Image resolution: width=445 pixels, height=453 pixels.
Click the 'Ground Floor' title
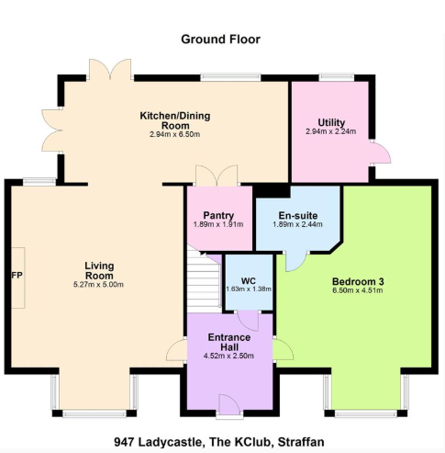tap(220, 40)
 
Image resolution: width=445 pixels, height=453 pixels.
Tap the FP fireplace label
tap(17, 276)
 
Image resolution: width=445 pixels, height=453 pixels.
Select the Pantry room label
tap(218, 216)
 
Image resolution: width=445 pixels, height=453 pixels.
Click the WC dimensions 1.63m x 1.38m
tap(249, 289)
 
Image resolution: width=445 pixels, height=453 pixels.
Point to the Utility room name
tap(331, 123)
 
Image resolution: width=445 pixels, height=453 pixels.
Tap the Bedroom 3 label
tap(358, 281)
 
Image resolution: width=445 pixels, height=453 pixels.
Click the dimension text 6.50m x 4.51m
tap(358, 290)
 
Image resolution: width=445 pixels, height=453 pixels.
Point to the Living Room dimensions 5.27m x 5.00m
tap(98, 285)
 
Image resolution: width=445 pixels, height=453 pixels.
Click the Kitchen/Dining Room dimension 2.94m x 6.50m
tap(175, 134)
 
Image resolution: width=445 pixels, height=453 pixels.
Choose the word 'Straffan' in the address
tap(301, 442)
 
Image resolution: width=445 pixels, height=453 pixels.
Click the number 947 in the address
tap(124, 442)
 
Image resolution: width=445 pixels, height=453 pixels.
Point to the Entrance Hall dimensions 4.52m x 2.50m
tap(228, 356)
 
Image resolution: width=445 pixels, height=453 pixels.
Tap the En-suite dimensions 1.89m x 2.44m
tap(297, 224)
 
